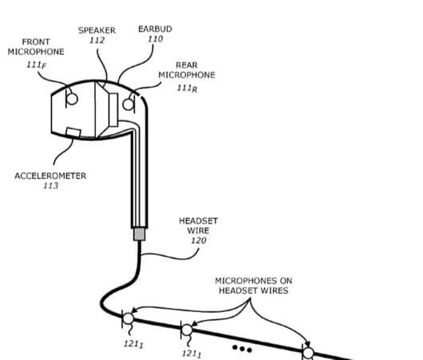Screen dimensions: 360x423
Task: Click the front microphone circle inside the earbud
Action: pos(71,98)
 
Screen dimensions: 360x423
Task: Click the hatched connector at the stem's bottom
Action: pos(138,234)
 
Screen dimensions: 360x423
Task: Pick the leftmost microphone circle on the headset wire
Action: pos(128,319)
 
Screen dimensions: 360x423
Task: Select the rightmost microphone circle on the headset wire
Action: pos(307,351)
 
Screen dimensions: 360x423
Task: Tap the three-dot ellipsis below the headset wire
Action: pos(241,349)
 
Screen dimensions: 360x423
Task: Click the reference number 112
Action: pos(97,41)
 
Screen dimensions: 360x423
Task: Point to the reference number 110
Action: pos(155,39)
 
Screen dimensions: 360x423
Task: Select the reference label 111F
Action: pos(36,64)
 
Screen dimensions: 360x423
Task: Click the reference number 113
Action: pos(50,186)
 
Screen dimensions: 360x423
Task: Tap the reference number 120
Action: pos(199,240)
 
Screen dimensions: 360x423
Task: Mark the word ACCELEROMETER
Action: pos(50,175)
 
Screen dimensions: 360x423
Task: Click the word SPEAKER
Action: pos(97,30)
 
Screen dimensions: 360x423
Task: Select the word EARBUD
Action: pos(155,29)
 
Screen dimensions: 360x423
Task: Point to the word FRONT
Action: pos(36,42)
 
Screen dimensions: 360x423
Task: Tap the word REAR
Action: pos(187,65)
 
